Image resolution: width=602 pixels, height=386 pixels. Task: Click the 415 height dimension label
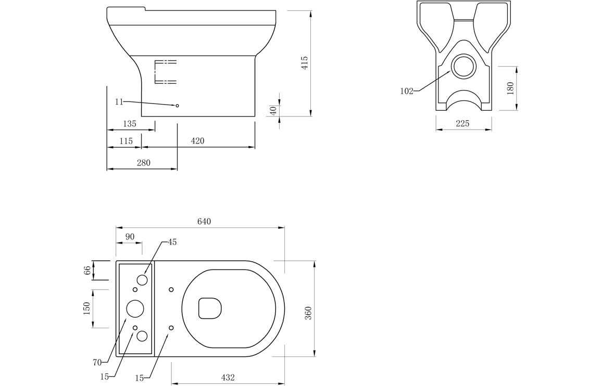pos(304,63)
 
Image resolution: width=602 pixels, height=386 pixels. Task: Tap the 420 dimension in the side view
pos(197,141)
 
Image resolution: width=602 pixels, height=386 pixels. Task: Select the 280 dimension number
pos(144,163)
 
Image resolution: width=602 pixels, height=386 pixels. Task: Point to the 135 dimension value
pos(130,124)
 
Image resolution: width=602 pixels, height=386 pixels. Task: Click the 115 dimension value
pos(126,141)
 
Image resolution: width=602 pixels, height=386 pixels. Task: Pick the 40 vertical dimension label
pos(273,110)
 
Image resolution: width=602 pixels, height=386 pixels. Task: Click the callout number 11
pos(119,101)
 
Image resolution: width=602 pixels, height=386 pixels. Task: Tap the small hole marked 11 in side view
pos(178,105)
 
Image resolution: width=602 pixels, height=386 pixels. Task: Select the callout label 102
pos(407,91)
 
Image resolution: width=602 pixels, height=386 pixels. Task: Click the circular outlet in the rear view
pos(464,66)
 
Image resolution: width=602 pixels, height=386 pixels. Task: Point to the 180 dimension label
pos(510,88)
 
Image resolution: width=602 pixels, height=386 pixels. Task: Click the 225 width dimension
pos(462,123)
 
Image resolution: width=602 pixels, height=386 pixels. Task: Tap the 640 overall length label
pos(204,222)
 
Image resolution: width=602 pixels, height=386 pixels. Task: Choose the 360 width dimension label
pos(309,313)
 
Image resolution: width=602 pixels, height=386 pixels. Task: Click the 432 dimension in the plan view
pos(228,378)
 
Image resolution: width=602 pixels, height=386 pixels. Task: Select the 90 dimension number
pos(130,237)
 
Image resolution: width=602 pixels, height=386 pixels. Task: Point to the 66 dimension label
pos(87,270)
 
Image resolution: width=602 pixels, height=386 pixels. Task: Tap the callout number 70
pos(97,362)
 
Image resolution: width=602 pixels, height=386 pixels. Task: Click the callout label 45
pos(172,242)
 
